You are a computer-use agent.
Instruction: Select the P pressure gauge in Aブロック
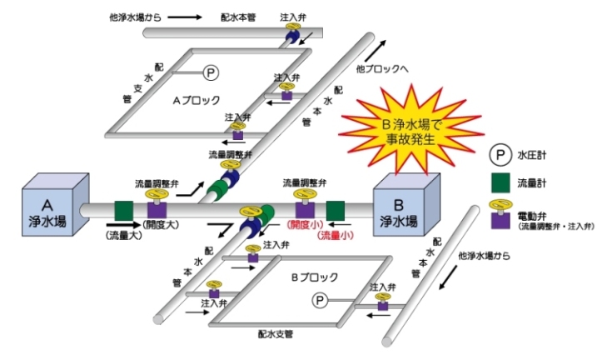[x=211, y=74]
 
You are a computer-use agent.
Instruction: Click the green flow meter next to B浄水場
[x=336, y=210]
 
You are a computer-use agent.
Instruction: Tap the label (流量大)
[x=123, y=237]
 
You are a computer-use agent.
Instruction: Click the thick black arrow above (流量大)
[x=123, y=225]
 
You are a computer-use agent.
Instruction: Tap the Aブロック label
[x=197, y=99]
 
